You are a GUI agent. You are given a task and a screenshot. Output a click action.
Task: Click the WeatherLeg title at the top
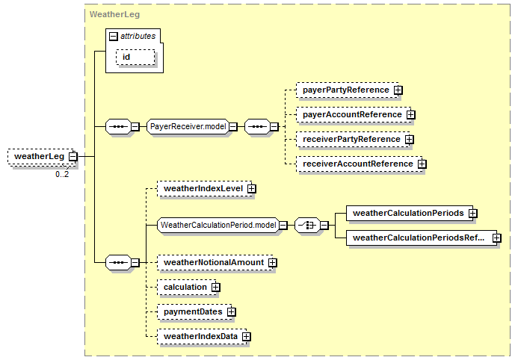(x=113, y=13)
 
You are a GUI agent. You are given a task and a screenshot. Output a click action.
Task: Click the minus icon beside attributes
(x=113, y=36)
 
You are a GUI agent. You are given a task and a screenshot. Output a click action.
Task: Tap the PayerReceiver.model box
(x=188, y=126)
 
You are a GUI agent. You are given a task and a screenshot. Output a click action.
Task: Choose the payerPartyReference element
(x=345, y=90)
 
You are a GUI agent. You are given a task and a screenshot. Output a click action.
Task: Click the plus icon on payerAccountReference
(x=411, y=114)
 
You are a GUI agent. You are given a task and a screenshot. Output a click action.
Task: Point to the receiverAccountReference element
(x=357, y=164)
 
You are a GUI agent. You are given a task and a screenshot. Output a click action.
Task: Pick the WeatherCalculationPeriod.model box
(x=218, y=225)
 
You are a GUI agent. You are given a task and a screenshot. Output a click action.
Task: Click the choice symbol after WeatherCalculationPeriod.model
(x=307, y=225)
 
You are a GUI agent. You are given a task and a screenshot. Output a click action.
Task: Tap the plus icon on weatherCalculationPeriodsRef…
(x=496, y=238)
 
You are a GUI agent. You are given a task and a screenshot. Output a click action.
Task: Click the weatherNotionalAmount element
(x=212, y=262)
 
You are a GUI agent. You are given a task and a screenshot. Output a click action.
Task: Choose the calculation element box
(x=185, y=287)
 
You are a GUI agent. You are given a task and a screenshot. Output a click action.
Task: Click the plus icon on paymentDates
(x=232, y=311)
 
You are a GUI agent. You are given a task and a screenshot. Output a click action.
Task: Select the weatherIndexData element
(x=200, y=337)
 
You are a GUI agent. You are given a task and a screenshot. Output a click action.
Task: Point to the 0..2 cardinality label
(x=62, y=174)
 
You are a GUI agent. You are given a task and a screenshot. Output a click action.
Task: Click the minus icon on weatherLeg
(x=73, y=156)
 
